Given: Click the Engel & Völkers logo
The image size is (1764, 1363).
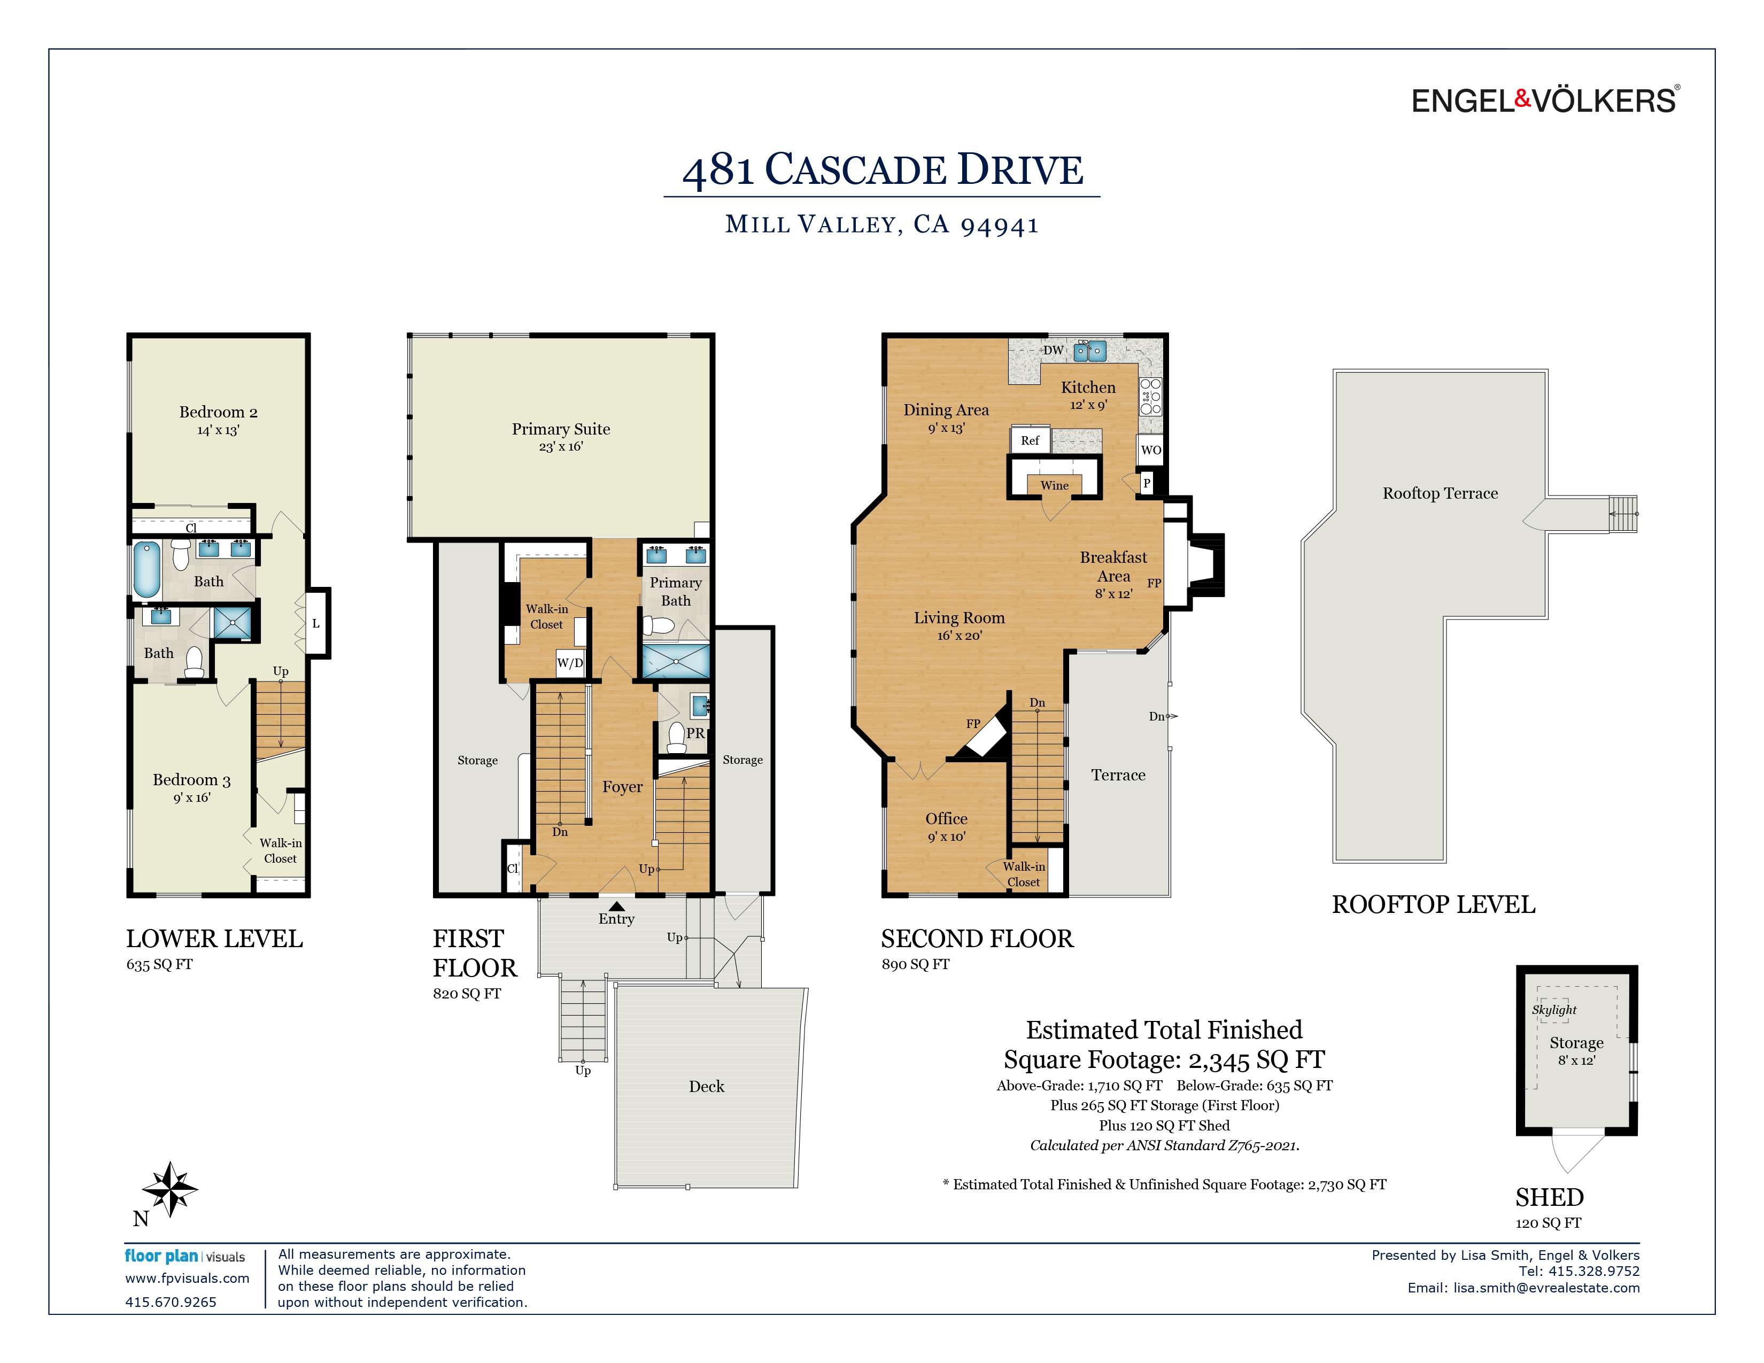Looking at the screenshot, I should click(x=1544, y=100).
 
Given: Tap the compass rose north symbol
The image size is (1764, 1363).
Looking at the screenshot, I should click(x=169, y=1189).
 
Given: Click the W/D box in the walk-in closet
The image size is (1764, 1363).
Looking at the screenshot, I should click(x=569, y=663).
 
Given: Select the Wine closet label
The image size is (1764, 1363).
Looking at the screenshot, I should click(x=1054, y=485).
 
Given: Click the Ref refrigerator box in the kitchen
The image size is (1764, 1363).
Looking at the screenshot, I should click(x=1030, y=440).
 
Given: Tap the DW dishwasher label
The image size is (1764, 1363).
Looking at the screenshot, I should click(x=1053, y=351).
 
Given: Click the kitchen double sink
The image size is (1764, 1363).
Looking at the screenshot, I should click(x=1089, y=351).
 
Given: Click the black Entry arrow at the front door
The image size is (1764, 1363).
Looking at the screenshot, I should click(x=616, y=906).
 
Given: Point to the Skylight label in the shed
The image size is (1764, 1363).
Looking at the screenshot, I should click(x=1554, y=1009).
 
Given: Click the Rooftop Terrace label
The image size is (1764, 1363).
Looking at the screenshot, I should click(x=1440, y=493).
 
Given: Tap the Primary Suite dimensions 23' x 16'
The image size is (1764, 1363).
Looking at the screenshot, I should click(x=561, y=446).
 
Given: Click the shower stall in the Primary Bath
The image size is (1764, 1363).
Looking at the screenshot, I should click(x=675, y=661).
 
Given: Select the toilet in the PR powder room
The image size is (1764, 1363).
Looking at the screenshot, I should click(x=677, y=737).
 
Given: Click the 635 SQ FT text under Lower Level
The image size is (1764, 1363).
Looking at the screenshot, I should click(x=159, y=964).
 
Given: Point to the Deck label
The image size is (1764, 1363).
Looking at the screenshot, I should click(x=706, y=1087).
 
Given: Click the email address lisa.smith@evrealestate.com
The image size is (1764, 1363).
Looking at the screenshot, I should click(x=1546, y=1288).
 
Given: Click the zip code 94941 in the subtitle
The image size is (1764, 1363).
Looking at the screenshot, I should click(x=999, y=225).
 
